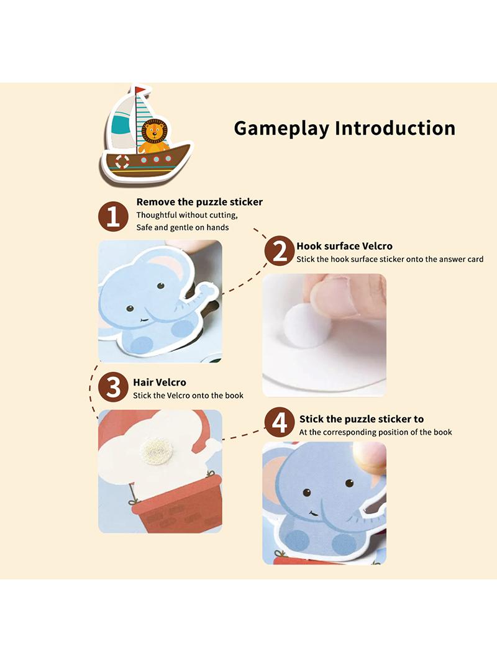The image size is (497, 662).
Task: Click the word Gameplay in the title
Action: pos(281,129)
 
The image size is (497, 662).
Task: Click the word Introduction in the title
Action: pos(395,128)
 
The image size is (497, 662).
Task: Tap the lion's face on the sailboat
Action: pos(153,131)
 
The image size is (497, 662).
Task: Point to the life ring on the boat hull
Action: pos(122,162)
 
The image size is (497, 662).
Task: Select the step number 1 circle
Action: pos(113,217)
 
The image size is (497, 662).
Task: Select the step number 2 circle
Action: pos(279,252)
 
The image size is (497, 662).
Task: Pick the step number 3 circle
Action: pos(112,387)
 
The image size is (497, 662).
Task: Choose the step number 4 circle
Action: pos(279,422)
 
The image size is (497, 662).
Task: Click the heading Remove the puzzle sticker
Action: pos(199,202)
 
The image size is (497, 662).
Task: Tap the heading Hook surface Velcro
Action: pos(344,246)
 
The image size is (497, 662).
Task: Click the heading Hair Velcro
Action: pos(160,383)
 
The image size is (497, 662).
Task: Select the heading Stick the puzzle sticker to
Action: pos(362,419)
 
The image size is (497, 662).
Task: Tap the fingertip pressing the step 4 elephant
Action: pos(370,457)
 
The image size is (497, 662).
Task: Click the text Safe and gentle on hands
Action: pos(183,227)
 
